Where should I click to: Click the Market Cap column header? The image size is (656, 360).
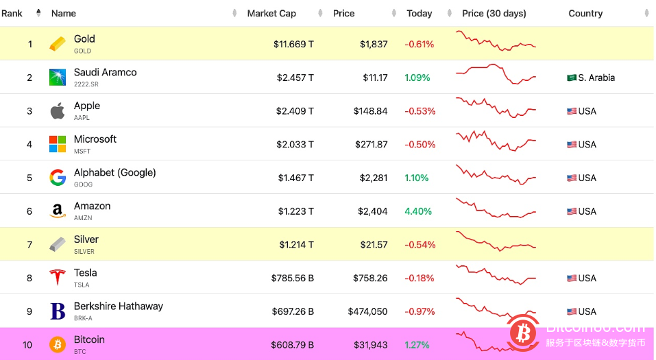pyautogui.click(x=271, y=13)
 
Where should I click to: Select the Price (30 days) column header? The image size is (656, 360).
pyautogui.click(x=494, y=13)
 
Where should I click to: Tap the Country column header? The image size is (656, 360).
pyautogui.click(x=585, y=13)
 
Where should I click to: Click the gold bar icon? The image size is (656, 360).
pyautogui.click(x=58, y=44)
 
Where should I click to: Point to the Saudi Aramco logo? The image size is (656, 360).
pyautogui.click(x=58, y=77)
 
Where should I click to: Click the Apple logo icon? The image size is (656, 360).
pyautogui.click(x=58, y=110)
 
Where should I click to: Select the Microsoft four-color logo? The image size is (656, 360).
pyautogui.click(x=58, y=144)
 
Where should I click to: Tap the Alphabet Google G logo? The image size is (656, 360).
pyautogui.click(x=58, y=178)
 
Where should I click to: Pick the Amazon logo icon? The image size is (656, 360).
pyautogui.click(x=58, y=211)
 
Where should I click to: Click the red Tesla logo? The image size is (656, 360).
pyautogui.click(x=58, y=278)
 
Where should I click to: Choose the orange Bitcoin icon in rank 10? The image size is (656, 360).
pyautogui.click(x=58, y=344)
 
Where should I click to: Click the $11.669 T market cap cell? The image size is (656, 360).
pyautogui.click(x=293, y=45)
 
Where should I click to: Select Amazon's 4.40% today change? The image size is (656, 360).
pyautogui.click(x=418, y=211)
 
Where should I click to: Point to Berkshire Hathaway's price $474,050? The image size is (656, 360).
pyautogui.click(x=367, y=311)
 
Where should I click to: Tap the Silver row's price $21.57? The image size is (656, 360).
pyautogui.click(x=374, y=245)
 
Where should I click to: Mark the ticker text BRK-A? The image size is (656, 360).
pyautogui.click(x=83, y=317)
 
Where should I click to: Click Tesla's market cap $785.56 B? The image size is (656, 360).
pyautogui.click(x=292, y=278)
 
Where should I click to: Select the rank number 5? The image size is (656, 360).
pyautogui.click(x=29, y=178)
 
